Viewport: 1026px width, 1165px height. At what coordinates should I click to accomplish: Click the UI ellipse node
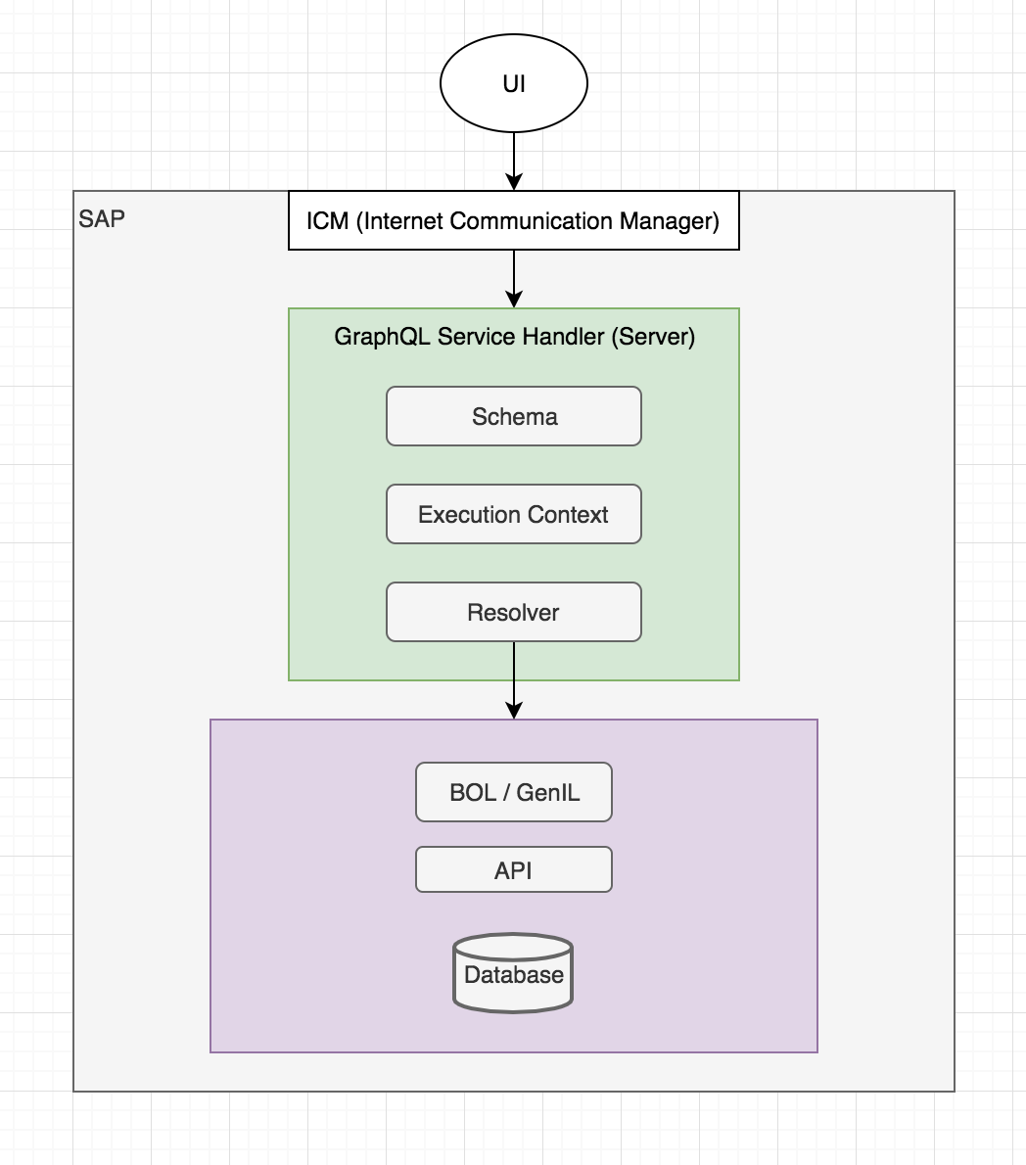tap(513, 84)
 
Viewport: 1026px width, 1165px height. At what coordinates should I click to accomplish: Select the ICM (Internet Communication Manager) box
tap(513, 221)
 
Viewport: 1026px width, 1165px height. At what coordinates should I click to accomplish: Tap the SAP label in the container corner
tap(102, 217)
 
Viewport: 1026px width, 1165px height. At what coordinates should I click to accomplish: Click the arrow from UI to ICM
tap(513, 157)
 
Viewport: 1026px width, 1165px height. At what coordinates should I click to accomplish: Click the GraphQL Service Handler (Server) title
tap(514, 337)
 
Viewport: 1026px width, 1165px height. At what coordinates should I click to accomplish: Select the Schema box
tap(513, 417)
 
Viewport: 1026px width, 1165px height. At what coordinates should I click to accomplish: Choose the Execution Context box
tap(513, 515)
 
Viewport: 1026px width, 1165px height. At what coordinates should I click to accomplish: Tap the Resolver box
tap(513, 613)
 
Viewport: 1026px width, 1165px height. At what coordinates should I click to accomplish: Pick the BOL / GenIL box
tap(513, 793)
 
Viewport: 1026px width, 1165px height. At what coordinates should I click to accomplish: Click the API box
tap(513, 870)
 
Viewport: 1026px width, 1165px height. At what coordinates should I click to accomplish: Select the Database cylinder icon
tap(513, 973)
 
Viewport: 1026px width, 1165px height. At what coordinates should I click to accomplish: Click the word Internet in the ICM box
tap(400, 221)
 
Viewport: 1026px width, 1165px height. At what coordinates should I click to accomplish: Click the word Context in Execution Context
tap(569, 515)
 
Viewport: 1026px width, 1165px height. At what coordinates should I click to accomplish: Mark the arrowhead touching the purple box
tap(513, 711)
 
